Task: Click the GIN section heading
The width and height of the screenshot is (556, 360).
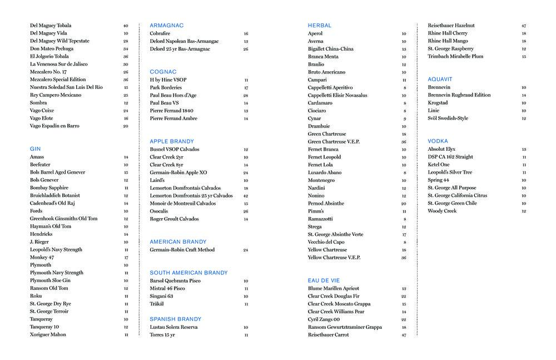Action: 35,149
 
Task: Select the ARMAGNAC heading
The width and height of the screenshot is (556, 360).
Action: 166,26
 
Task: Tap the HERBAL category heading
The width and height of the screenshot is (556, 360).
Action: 319,26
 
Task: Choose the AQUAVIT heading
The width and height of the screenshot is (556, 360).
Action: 440,80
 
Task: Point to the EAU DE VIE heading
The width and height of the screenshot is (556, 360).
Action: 324,280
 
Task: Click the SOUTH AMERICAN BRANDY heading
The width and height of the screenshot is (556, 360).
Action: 188,273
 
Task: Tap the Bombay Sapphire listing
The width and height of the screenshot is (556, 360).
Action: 49,188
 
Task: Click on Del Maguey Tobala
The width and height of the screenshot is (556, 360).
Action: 50,26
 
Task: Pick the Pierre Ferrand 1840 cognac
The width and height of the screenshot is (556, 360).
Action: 171,111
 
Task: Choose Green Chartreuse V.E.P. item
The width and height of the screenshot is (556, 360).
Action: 334,142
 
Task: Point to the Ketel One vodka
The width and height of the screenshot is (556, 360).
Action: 439,165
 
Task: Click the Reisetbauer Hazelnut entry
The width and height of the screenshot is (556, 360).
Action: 451,26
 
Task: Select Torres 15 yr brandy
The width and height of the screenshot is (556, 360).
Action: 162,335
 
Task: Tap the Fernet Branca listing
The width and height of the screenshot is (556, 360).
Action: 323,149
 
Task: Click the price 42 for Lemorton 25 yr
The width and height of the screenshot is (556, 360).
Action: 245,196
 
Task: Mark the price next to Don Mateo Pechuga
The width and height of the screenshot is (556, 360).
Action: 126,49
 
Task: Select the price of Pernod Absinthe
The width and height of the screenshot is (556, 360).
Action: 404,204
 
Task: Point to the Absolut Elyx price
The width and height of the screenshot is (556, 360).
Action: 524,150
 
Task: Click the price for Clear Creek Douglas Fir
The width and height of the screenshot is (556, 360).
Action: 404,297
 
